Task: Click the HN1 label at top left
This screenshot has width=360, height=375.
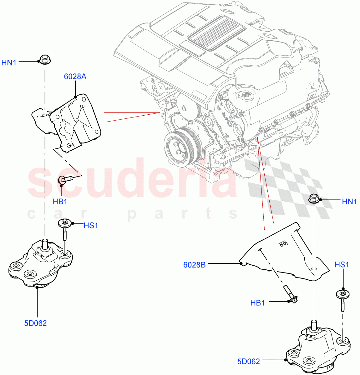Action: [x=9, y=63]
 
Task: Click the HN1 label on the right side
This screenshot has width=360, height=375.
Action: [x=349, y=202]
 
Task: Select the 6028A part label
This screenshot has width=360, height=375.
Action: [x=75, y=77]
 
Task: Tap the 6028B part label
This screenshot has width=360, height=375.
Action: [x=194, y=265]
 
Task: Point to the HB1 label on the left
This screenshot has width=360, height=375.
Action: [x=60, y=202]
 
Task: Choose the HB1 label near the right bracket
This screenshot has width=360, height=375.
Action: [x=257, y=302]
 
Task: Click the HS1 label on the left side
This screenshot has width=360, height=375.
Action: [x=91, y=225]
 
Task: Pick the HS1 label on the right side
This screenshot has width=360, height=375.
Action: [x=342, y=265]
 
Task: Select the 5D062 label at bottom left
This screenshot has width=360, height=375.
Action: [x=35, y=323]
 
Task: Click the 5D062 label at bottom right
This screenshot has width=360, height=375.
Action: [x=248, y=362]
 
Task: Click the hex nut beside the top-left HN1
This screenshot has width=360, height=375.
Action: [x=45, y=59]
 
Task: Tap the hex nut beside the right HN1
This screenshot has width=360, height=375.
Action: [x=314, y=198]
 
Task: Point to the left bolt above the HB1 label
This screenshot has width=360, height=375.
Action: [x=66, y=179]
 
